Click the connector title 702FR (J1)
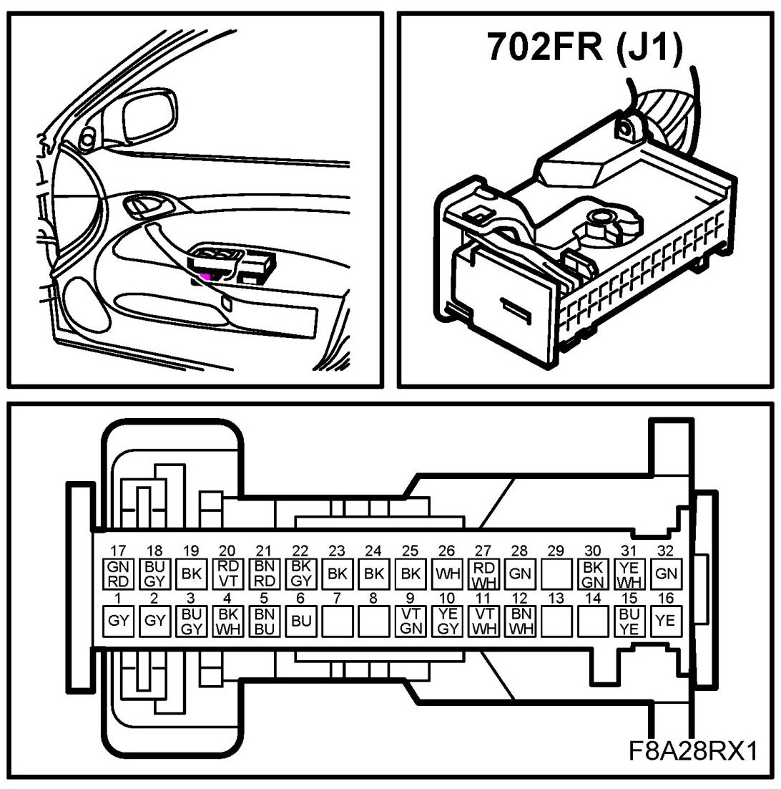point(584,47)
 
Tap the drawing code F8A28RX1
point(693,751)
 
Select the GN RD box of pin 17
point(119,573)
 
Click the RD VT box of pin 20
point(227,573)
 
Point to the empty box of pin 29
point(556,573)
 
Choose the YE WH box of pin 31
point(629,573)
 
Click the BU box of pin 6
point(300,621)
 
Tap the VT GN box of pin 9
point(410,621)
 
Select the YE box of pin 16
point(666,621)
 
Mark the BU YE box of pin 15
point(629,621)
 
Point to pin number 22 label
point(300,551)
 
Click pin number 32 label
point(666,551)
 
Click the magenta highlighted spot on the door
point(205,275)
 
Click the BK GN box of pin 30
point(592,573)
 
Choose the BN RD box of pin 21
point(264,573)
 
